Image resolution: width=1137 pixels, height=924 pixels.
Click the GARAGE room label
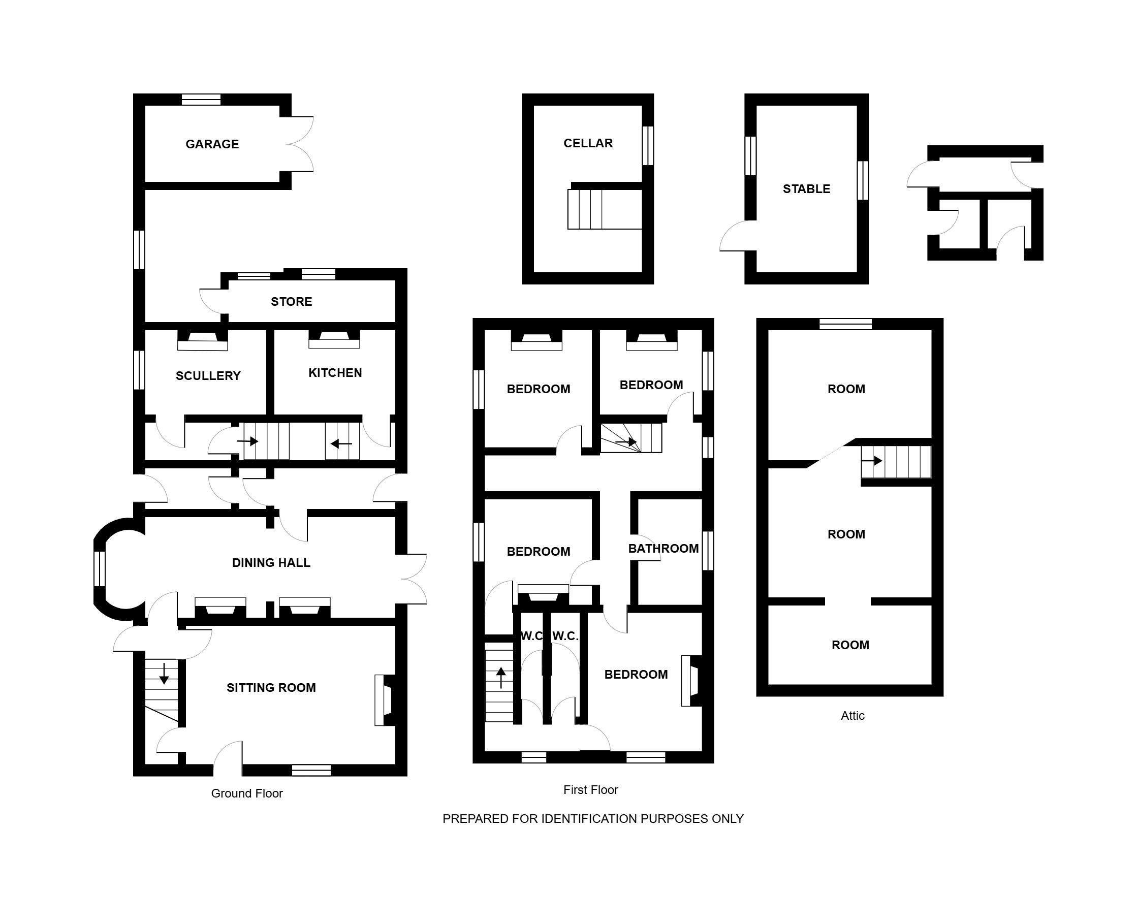212,144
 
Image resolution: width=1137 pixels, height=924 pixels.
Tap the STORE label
291,302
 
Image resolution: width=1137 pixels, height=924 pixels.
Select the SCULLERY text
208,376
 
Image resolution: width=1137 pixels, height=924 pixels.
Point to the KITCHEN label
335,372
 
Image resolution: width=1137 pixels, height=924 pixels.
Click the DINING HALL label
271,563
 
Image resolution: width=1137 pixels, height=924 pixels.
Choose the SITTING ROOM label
271,688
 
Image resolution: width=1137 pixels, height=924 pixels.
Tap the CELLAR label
588,143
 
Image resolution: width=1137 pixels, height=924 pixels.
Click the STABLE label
806,189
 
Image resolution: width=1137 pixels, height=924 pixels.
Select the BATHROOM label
664,548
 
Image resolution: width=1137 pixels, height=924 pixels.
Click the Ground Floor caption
247,793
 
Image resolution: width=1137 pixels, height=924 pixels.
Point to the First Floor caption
591,789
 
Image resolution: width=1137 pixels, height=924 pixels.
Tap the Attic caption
852,715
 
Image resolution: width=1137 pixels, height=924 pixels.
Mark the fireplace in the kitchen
334,340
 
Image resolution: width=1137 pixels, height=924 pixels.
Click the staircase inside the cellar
605,209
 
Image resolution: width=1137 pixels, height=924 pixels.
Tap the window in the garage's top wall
201,100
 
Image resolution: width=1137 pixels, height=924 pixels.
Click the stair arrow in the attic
872,460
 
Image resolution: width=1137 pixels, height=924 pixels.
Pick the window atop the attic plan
845,324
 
